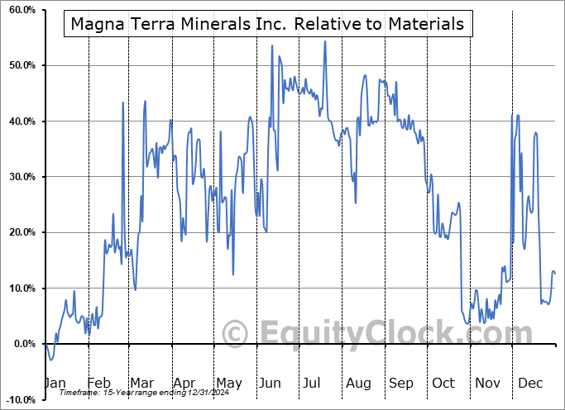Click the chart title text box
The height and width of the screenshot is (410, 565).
pyautogui.click(x=267, y=24)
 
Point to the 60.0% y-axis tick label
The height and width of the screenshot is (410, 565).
pyautogui.click(x=20, y=10)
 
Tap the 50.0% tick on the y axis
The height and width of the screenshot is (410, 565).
pyautogui.click(x=20, y=65)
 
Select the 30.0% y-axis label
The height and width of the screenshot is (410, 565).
pyautogui.click(x=20, y=177)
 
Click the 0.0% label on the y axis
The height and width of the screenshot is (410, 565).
pyautogui.click(x=22, y=344)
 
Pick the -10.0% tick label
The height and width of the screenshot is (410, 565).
pyautogui.click(x=18, y=400)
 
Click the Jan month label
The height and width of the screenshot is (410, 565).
pyautogui.click(x=54, y=383)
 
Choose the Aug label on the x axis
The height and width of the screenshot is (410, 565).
pyautogui.click(x=358, y=383)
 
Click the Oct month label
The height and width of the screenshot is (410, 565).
pyautogui.click(x=444, y=383)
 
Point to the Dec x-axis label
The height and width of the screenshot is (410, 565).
pyautogui.click(x=529, y=383)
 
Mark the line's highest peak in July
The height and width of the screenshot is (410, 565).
pyautogui.click(x=325, y=41)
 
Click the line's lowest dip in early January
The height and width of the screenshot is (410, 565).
pyautogui.click(x=51, y=360)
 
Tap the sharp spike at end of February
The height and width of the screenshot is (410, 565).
pyautogui.click(x=123, y=102)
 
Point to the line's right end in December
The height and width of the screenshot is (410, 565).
pyautogui.click(x=555, y=274)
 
